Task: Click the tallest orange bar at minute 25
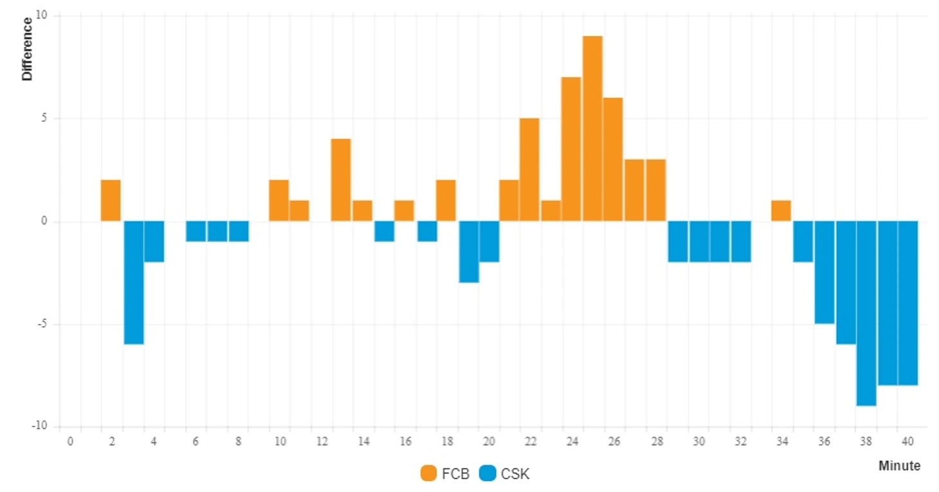pyautogui.click(x=592, y=129)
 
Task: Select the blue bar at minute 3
pyautogui.click(x=134, y=283)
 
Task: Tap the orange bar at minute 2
pyautogui.click(x=111, y=201)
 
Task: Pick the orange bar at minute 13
pyautogui.click(x=341, y=180)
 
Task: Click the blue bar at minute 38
pyautogui.click(x=866, y=313)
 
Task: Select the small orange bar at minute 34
pyautogui.click(x=781, y=211)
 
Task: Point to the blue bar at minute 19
pyautogui.click(x=469, y=252)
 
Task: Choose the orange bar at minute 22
pyautogui.click(x=529, y=170)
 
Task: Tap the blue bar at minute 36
pyautogui.click(x=824, y=273)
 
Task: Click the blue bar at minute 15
pyautogui.click(x=384, y=232)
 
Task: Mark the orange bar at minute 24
pyautogui.click(x=571, y=149)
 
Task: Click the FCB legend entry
pyautogui.click(x=445, y=474)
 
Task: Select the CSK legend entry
pyautogui.click(x=506, y=474)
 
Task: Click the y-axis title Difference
pyautogui.click(x=27, y=49)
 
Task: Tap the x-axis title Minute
pyautogui.click(x=899, y=466)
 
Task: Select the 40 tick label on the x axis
pyautogui.click(x=907, y=442)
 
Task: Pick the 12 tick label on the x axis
pyautogui.click(x=322, y=442)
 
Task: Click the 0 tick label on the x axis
pyautogui.click(x=71, y=442)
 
